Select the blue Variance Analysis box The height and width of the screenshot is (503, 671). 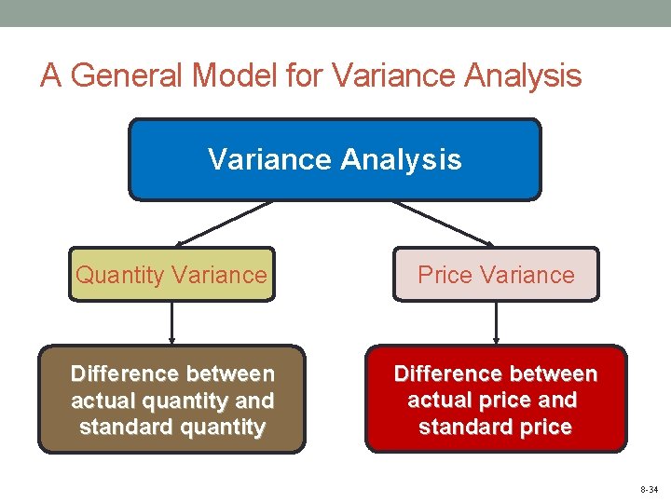click(x=335, y=159)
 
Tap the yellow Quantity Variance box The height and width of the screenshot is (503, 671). click(x=171, y=275)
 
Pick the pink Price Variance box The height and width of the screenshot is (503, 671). click(x=496, y=275)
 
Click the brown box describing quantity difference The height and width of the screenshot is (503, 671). click(x=171, y=400)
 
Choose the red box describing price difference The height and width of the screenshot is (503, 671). click(x=496, y=400)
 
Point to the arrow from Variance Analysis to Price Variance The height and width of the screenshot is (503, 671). click(x=443, y=224)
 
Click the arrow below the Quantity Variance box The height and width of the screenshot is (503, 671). click(x=171, y=323)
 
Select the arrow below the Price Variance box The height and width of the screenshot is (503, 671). click(x=496, y=323)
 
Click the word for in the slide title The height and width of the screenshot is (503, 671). click(x=304, y=75)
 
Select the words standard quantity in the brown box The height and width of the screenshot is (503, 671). click(x=172, y=428)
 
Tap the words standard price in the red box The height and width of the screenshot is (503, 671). click(x=495, y=428)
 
